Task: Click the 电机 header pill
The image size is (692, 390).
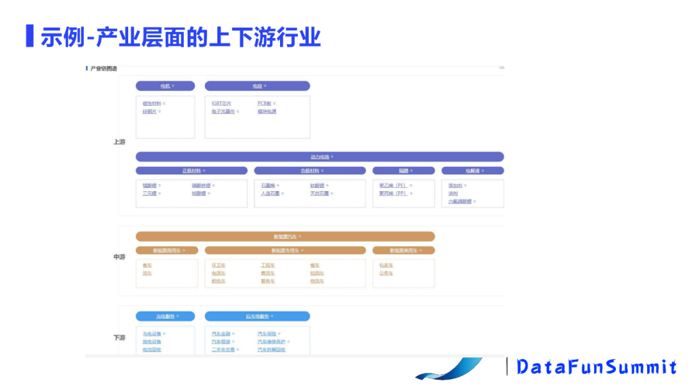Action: tap(165, 86)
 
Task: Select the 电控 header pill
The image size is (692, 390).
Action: tap(257, 86)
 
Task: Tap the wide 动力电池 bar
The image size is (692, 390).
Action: tap(320, 157)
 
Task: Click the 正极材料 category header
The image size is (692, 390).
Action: tap(192, 171)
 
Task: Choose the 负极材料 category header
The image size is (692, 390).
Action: tap(310, 171)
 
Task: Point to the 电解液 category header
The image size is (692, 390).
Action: tap(472, 171)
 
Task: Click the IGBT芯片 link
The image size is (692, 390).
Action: tap(222, 103)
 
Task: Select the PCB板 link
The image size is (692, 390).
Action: tap(265, 103)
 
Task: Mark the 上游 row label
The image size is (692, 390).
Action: tap(119, 142)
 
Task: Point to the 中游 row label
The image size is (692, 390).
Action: tap(119, 257)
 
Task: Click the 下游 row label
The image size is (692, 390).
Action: tap(119, 337)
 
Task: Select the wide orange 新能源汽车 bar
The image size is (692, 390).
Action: tap(285, 237)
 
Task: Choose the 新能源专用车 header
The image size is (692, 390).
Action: tap(285, 250)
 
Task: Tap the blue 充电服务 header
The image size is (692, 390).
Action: tap(165, 316)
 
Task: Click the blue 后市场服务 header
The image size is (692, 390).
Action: tap(257, 316)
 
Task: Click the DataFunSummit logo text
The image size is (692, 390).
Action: tap(597, 367)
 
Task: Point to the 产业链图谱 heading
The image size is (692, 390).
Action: tap(103, 69)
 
